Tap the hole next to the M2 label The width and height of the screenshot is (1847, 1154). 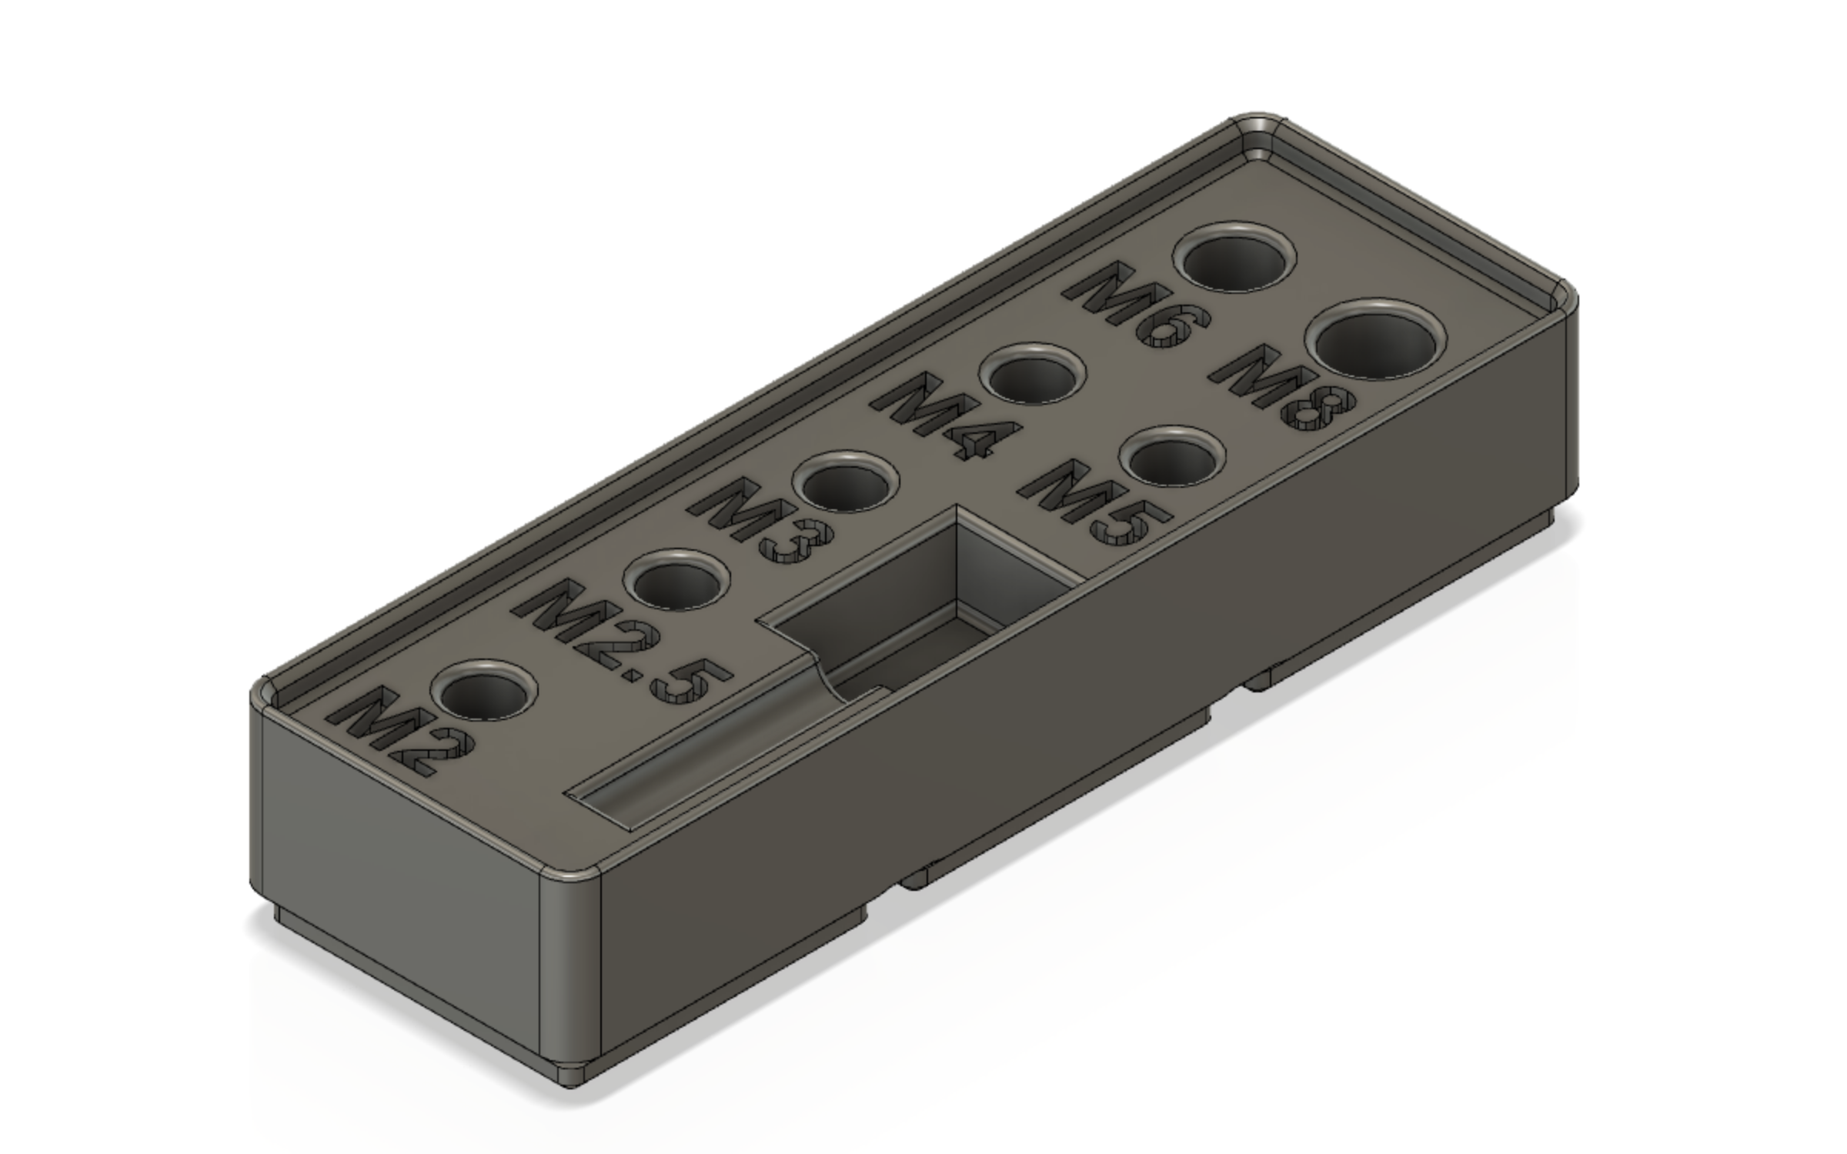[x=483, y=690]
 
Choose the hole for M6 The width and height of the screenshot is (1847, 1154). [x=1234, y=258]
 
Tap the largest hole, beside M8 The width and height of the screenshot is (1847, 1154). [x=1376, y=340]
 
